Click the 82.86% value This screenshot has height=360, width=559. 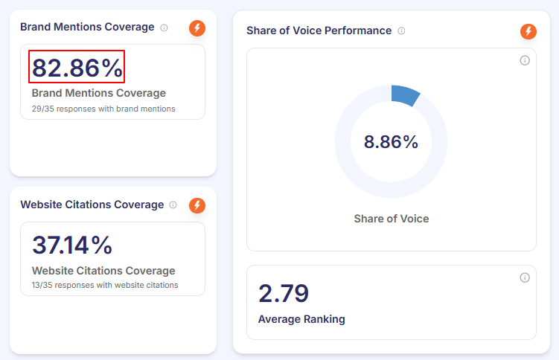pyautogui.click(x=77, y=67)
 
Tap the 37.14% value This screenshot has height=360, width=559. pyautogui.click(x=72, y=245)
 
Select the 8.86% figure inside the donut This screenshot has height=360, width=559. pyautogui.click(x=391, y=142)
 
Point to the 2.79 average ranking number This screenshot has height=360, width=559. pyautogui.click(x=284, y=293)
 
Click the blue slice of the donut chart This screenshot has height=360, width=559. pyautogui.click(x=406, y=94)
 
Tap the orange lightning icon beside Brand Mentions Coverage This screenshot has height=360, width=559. pyautogui.click(x=197, y=28)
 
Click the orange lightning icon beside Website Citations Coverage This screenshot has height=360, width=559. pyautogui.click(x=197, y=205)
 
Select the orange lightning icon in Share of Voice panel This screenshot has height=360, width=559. pyautogui.click(x=528, y=31)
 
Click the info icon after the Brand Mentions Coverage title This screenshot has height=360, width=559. pyautogui.click(x=164, y=28)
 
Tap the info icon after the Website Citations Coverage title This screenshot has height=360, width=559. pyautogui.click(x=173, y=205)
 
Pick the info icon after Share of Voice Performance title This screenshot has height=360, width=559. pyautogui.click(x=401, y=31)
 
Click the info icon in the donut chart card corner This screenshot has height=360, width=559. pyautogui.click(x=525, y=60)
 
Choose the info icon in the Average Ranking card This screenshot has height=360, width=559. pyautogui.click(x=525, y=277)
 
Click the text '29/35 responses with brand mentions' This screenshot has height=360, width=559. pyautogui.click(x=103, y=109)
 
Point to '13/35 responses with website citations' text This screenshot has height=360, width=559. pyautogui.click(x=105, y=285)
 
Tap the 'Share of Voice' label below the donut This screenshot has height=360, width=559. pyautogui.click(x=391, y=219)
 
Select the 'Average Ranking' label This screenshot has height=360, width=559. pyautogui.click(x=301, y=319)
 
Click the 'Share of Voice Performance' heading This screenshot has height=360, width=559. pyautogui.click(x=319, y=30)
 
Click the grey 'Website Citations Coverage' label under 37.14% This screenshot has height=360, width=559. pyautogui.click(x=103, y=271)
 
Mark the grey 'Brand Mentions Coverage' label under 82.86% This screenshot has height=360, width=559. pyautogui.click(x=99, y=93)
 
